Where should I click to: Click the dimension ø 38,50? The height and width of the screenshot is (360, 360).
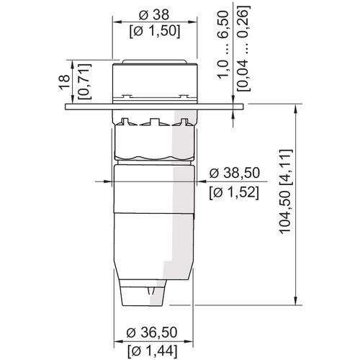(x=233, y=173)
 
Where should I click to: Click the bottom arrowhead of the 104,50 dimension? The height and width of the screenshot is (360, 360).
(x=296, y=301)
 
